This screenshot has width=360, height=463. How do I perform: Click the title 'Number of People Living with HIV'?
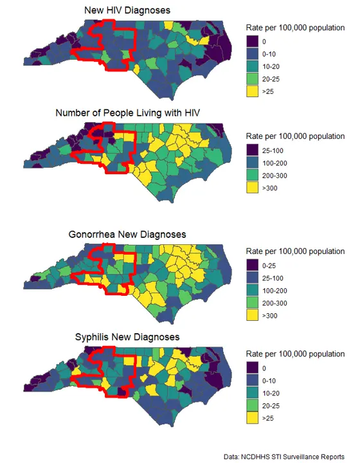point(128,113)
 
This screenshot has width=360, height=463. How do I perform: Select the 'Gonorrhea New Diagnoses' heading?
point(127,234)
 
